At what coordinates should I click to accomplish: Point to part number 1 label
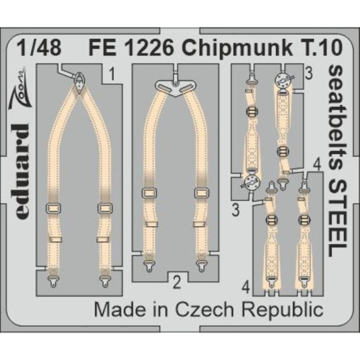pos(112,71)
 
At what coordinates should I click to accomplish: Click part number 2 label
pos(177,283)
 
